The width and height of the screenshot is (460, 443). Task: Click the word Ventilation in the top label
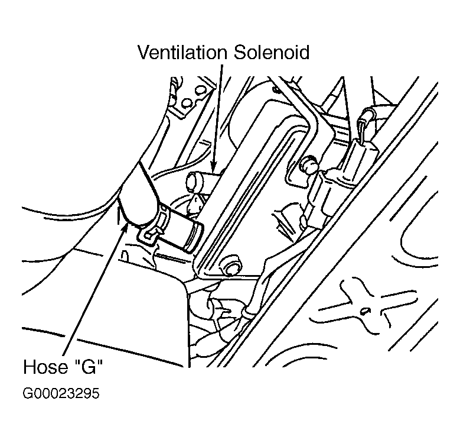(181, 52)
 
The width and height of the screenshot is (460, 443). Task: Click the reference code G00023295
(60, 393)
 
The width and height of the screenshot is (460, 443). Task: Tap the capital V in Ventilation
(143, 52)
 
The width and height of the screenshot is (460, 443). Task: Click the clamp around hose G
(153, 226)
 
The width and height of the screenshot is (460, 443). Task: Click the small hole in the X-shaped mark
(365, 309)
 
